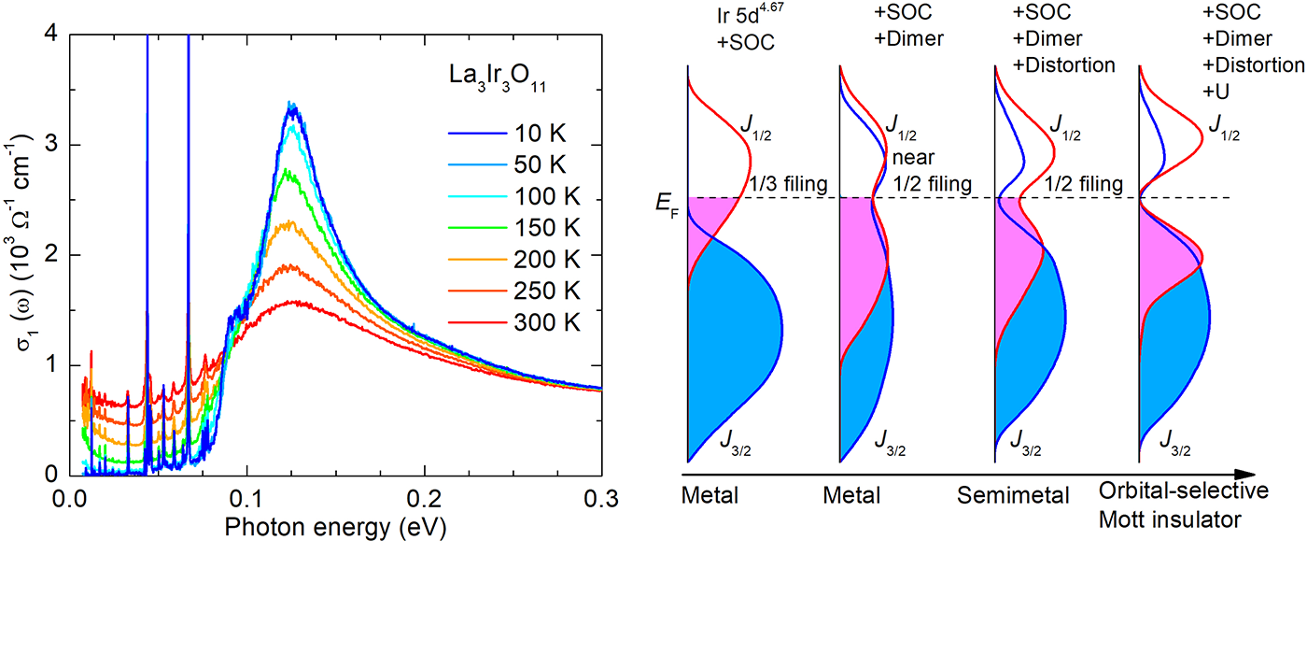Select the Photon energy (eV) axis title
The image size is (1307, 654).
coord(335,529)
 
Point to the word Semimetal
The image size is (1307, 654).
coord(1013,495)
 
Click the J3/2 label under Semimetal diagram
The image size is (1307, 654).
coord(1024,440)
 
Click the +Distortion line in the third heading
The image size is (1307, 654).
coord(1064,65)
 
